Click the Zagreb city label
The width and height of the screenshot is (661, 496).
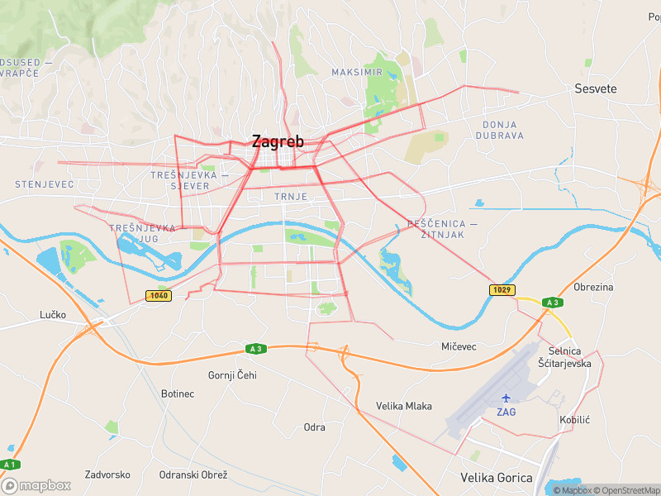(278, 141)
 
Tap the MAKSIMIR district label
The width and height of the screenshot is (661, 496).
(357, 73)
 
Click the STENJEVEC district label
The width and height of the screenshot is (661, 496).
(45, 184)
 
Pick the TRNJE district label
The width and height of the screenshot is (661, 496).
(291, 197)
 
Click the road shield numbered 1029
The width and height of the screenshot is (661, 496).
(502, 289)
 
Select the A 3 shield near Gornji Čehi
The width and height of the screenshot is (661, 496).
(254, 349)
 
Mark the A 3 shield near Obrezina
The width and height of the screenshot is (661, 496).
(552, 303)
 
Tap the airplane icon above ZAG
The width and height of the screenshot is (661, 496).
(506, 398)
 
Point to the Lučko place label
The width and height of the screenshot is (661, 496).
(52, 315)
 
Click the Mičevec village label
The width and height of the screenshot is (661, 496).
(459, 346)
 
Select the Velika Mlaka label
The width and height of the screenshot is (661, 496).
(404, 406)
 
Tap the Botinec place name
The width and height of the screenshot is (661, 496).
(178, 393)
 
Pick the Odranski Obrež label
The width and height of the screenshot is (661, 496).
(193, 475)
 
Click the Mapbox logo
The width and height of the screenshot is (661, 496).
(36, 485)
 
